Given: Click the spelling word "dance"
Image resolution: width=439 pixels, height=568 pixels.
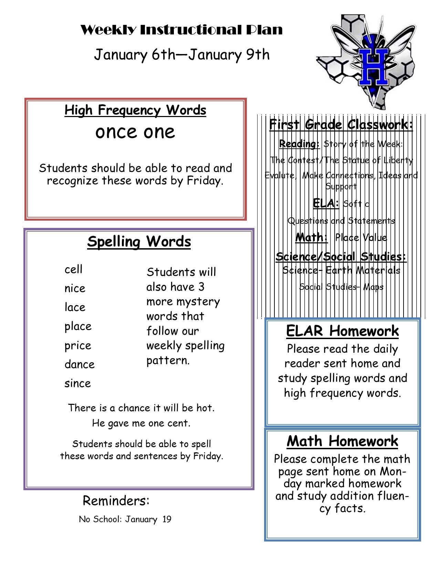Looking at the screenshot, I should coord(79,364).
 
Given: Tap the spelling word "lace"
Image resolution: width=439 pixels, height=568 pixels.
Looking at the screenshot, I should coord(75,307).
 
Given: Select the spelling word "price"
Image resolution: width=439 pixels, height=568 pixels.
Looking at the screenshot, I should coord(78,346).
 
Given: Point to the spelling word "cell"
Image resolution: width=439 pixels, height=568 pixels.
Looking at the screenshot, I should coord(73,269).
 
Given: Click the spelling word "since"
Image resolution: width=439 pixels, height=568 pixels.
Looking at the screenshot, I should coord(77,383).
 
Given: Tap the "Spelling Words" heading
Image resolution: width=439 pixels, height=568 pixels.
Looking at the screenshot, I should coord(139,241).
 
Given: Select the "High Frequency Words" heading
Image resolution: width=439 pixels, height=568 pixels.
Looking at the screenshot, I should coord(135,110).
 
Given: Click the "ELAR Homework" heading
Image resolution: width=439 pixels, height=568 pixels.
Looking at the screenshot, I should coord(342,331).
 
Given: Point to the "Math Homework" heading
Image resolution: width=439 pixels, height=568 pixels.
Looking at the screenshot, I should coord(342,441).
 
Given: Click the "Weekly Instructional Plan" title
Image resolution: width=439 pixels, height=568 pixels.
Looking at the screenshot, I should coord(181,30).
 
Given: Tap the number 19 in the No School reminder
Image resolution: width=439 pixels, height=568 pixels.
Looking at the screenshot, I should coord(167,519).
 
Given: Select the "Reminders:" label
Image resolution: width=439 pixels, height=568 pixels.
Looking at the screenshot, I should coord(116,501).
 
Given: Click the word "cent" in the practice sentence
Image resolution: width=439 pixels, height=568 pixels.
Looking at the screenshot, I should coord(178,423).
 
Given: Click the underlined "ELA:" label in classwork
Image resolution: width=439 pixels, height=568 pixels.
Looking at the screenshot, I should coord(326,203).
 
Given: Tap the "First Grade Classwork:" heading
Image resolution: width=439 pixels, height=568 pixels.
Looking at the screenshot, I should coord(341,124).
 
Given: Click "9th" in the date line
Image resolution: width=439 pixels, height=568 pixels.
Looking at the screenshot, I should coord(258,55).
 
